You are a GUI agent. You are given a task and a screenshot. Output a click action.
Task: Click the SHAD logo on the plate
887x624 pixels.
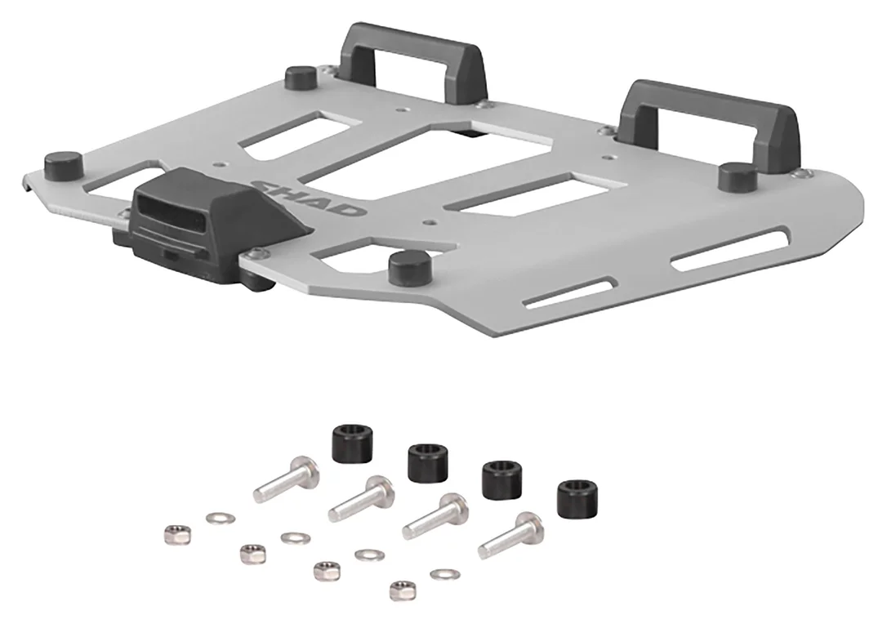(308, 198)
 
